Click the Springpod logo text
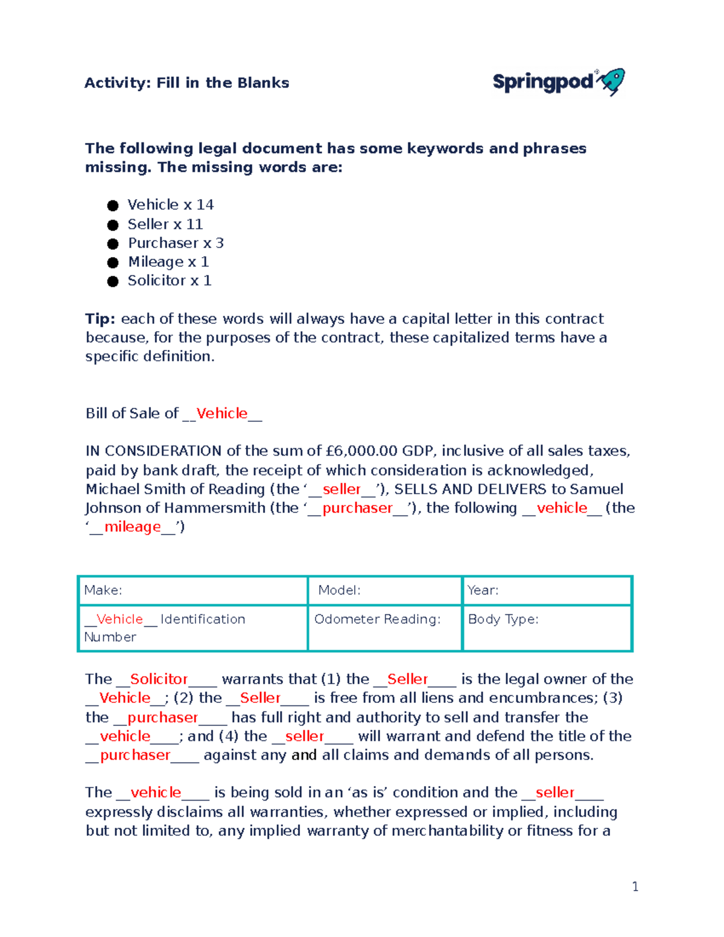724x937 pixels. pos(543,82)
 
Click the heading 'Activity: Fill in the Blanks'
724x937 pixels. pos(186,83)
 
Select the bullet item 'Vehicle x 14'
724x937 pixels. pos(170,205)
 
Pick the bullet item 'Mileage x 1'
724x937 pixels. pos(168,262)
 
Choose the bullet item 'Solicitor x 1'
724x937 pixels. pos(169,281)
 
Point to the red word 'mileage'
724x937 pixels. pos(133,527)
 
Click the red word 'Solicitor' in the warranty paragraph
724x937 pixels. pos(159,679)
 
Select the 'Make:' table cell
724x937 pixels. pos(192,590)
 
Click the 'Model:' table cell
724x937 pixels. pos(384,590)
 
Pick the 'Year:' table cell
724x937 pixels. pos(547,590)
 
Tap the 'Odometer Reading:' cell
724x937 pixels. pos(384,627)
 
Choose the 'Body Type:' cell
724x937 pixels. pos(547,627)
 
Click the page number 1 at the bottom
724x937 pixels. pos(635,886)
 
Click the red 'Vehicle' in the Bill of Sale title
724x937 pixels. pos(222,413)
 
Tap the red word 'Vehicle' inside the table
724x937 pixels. pos(119,619)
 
